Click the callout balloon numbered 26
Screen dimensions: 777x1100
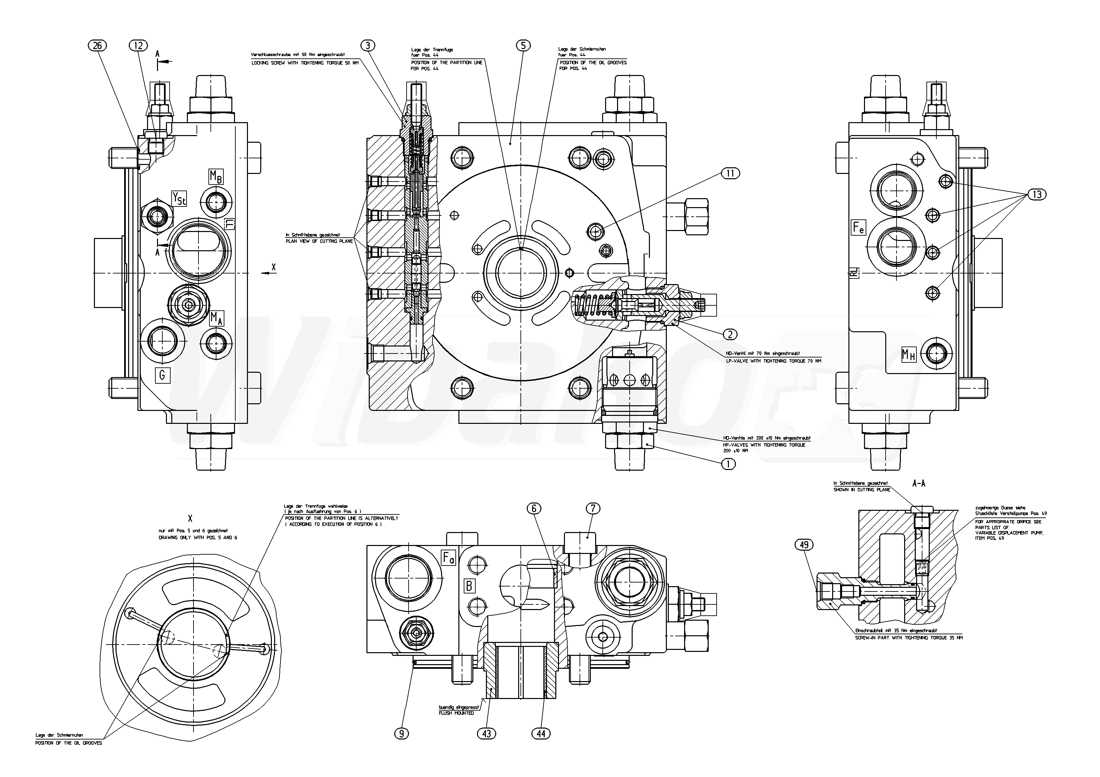click(x=98, y=45)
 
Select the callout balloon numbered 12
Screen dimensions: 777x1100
click(x=138, y=45)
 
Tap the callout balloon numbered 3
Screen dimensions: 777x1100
click(x=368, y=45)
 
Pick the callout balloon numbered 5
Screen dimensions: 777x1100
click(x=523, y=45)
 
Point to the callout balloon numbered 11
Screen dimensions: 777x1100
click(x=730, y=173)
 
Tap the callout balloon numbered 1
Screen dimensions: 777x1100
click(x=728, y=464)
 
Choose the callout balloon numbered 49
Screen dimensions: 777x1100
click(x=804, y=545)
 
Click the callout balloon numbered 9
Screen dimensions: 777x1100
click(x=402, y=734)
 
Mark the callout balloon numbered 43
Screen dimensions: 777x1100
click(x=487, y=734)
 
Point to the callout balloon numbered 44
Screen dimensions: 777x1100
click(x=541, y=734)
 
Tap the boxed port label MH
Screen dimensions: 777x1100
click(x=908, y=355)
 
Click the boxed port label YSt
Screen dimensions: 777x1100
click(x=179, y=198)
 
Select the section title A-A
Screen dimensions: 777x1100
click(x=918, y=484)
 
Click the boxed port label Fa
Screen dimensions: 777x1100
click(x=448, y=558)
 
